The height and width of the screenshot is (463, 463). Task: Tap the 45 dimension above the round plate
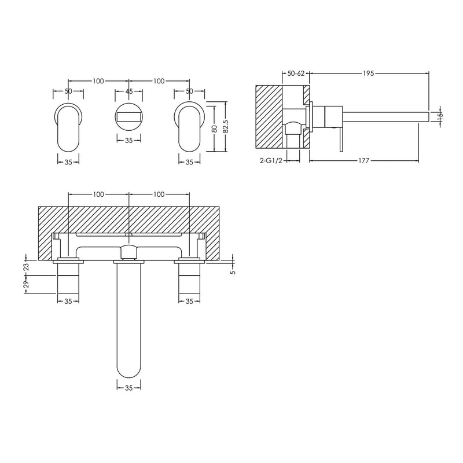coord(129,91)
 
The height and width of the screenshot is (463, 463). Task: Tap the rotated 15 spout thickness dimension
coord(439,115)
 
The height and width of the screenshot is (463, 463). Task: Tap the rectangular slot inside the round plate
coord(129,117)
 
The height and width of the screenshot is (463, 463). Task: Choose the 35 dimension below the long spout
coord(129,388)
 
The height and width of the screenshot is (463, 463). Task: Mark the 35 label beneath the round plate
coord(129,139)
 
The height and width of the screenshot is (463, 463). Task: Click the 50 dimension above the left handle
coord(68,91)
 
